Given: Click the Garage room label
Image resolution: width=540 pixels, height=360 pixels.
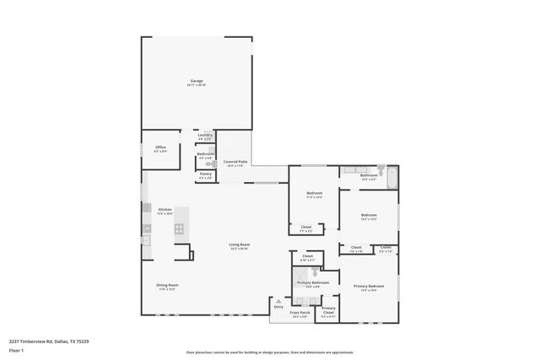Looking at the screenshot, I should click(x=196, y=81).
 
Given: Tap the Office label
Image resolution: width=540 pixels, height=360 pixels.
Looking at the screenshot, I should click(x=160, y=148).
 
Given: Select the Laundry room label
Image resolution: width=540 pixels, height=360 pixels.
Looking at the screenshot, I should click(x=205, y=135).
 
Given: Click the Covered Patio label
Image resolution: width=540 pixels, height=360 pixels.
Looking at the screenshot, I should click(x=235, y=161).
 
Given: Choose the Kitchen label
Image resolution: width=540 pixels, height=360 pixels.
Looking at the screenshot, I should click(x=165, y=209).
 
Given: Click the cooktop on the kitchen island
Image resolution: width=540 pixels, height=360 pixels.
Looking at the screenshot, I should click(x=179, y=228).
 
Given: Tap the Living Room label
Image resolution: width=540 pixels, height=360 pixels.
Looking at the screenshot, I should click(x=240, y=245).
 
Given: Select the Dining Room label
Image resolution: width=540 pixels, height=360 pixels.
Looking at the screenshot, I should click(x=167, y=285).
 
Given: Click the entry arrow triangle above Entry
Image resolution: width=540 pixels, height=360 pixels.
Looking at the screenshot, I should click(x=278, y=300).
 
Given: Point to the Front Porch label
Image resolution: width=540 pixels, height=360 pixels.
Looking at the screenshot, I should click(x=300, y=313).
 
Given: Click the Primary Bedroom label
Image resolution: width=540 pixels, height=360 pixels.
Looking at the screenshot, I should click(x=368, y=287).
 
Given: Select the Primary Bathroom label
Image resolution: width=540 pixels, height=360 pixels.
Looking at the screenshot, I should click(x=316, y=283).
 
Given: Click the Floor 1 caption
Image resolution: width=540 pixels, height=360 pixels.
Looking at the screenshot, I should click(x=17, y=350).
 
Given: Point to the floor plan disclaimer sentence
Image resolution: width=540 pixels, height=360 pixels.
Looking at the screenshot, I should click(x=269, y=352).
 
